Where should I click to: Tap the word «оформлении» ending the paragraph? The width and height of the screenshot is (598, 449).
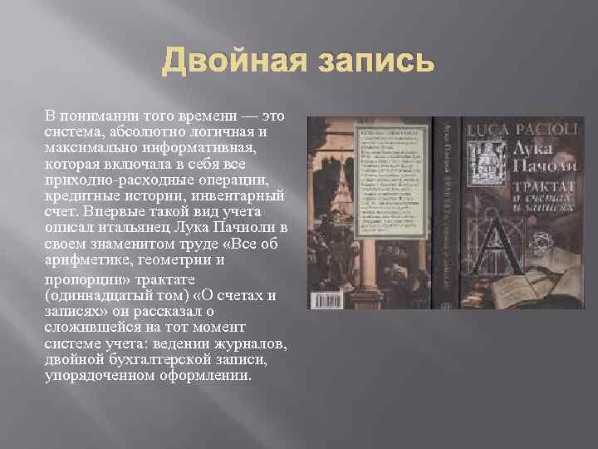coord(209,375)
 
